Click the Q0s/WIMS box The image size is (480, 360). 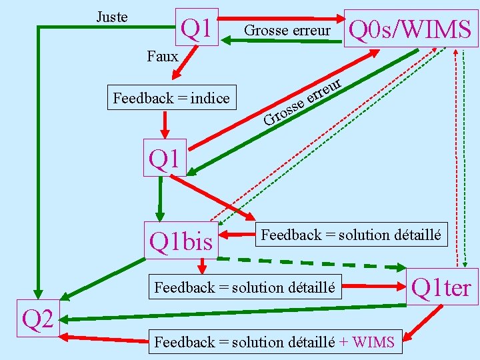pos(410,29)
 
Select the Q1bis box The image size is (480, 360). pos(181,240)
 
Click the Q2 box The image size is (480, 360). pos(38,320)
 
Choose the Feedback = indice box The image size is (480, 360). pos(171,99)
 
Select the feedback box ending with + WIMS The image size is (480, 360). pos(275,342)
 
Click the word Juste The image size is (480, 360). pos(112,17)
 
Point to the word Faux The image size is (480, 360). pos(163,56)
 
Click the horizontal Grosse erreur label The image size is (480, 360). pos(287,31)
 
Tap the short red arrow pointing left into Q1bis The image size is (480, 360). pos(239,234)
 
